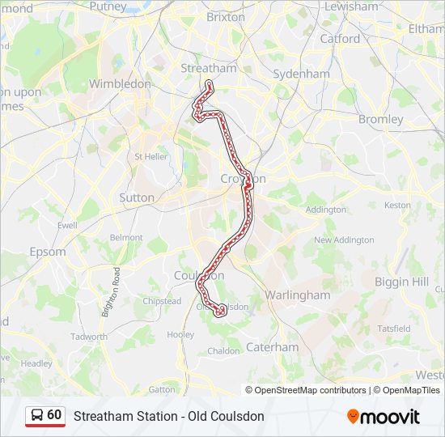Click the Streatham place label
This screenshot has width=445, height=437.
[209, 68]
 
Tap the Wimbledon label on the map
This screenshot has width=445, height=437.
[120, 83]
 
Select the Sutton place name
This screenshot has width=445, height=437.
[136, 197]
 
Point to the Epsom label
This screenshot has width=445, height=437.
[48, 252]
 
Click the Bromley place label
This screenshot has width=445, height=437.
[380, 119]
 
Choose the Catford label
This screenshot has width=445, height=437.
[340, 38]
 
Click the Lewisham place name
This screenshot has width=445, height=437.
[350, 6]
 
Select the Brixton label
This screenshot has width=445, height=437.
[226, 16]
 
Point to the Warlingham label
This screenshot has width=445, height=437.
[298, 295]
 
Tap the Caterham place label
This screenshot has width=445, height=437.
[273, 346]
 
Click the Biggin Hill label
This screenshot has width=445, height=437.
[402, 282]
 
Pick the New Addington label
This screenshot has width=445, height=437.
[344, 240]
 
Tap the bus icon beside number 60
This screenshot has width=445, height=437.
[36, 416]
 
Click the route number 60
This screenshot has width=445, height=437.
[54, 415]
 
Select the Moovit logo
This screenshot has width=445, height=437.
[384, 417]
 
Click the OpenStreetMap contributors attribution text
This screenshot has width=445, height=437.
[307, 390]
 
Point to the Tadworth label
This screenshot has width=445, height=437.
[89, 337]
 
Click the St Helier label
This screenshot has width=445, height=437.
[150, 156]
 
